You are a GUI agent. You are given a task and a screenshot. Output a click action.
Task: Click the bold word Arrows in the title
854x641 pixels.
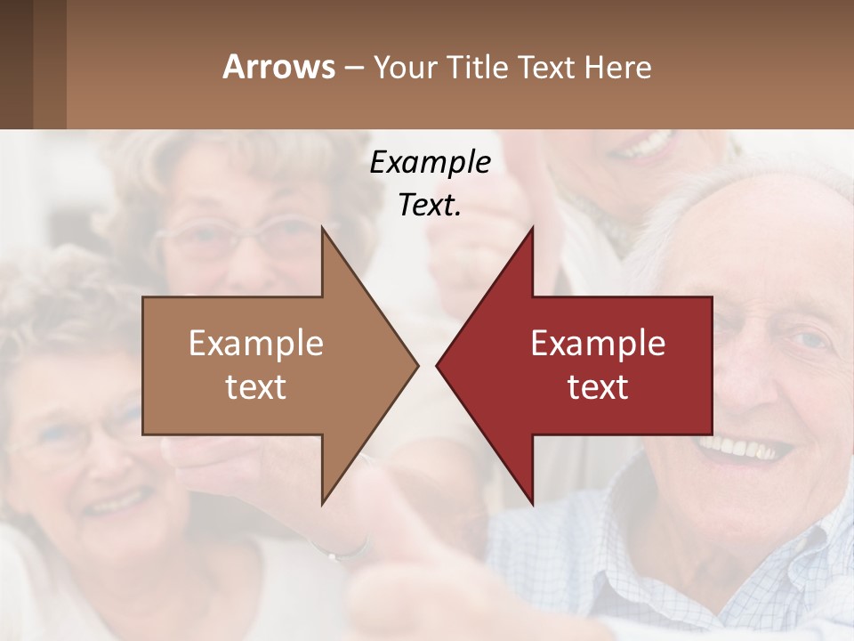[x=278, y=67]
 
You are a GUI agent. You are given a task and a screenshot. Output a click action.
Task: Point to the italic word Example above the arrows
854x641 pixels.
[x=430, y=163]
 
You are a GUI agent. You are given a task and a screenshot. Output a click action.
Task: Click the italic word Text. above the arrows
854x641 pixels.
[x=430, y=206]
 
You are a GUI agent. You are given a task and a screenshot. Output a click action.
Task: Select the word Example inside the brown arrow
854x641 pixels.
[x=255, y=344]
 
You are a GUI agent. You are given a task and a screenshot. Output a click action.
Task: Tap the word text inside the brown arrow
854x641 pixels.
[x=255, y=386]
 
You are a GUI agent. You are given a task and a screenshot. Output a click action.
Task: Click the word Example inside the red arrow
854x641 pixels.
[x=598, y=344]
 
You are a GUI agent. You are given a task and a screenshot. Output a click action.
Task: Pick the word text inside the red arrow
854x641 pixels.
[x=598, y=386]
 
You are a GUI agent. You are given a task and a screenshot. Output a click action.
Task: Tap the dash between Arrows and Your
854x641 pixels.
[x=353, y=68]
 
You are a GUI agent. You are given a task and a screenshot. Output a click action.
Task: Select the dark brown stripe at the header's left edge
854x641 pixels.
[x=16, y=64]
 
